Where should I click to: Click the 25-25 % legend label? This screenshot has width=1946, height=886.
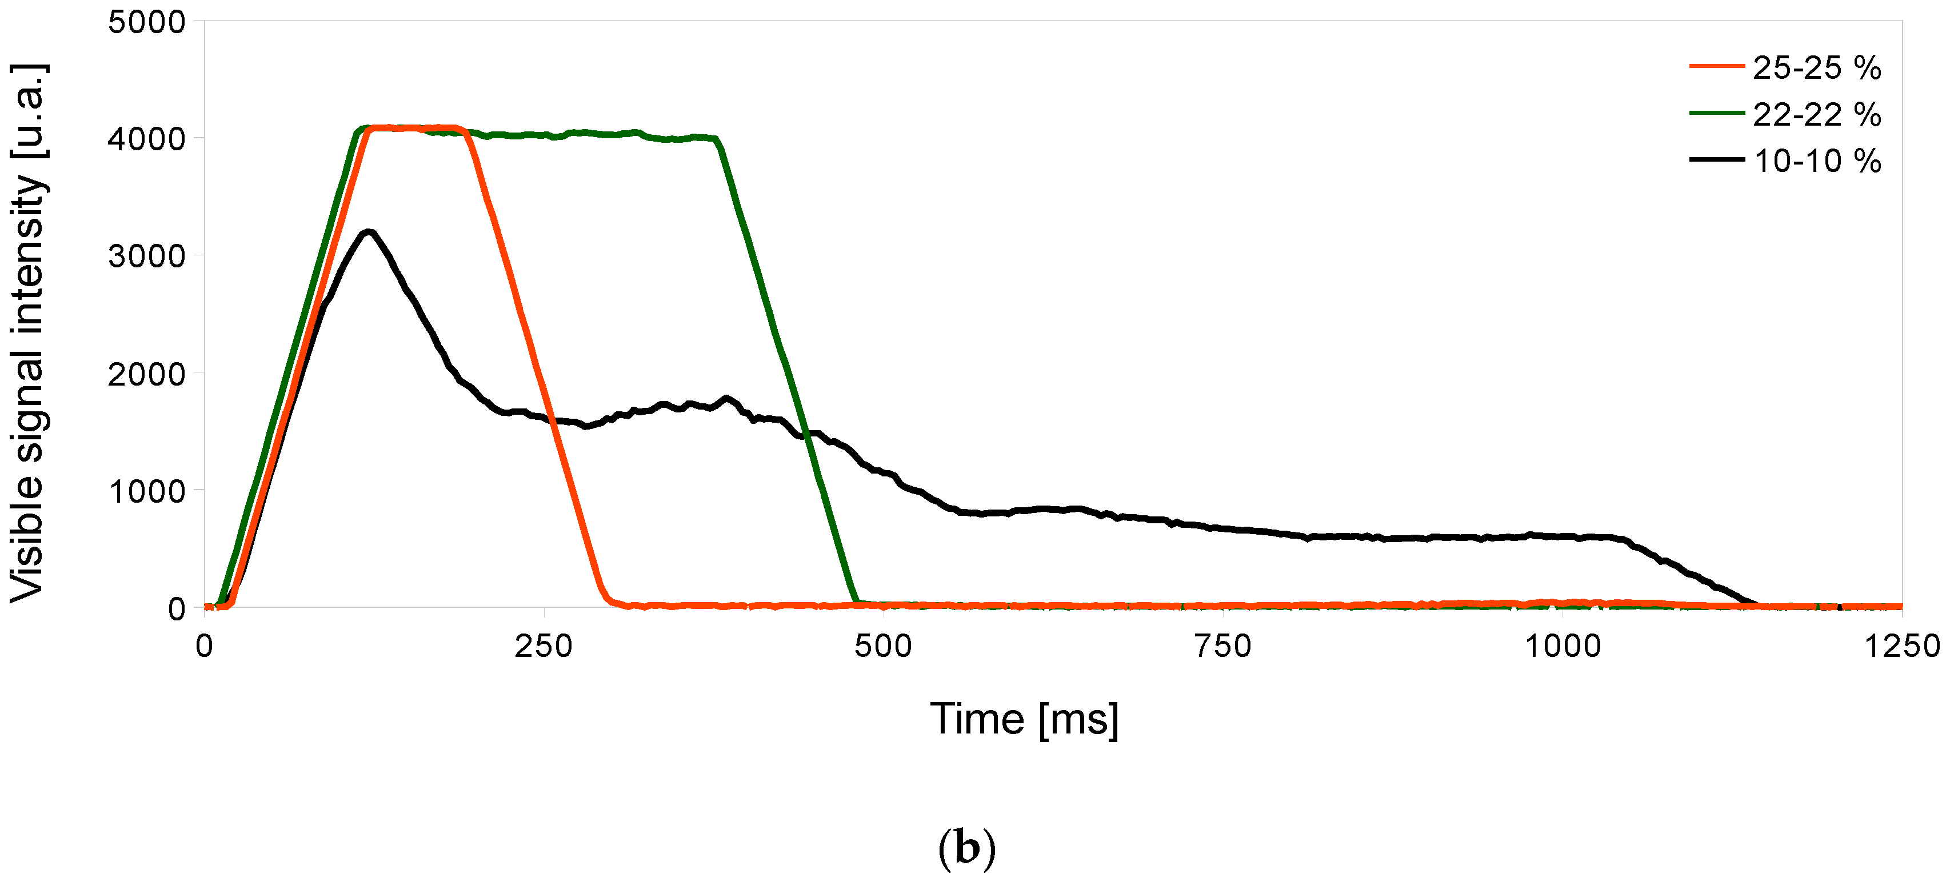(1816, 68)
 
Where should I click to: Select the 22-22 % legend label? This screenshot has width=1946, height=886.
(1816, 115)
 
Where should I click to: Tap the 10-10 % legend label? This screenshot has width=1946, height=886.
(1816, 161)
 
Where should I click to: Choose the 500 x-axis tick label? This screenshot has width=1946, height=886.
(883, 647)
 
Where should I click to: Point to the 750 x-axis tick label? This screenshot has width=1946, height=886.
(1222, 647)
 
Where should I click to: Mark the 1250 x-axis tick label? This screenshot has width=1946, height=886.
(1902, 647)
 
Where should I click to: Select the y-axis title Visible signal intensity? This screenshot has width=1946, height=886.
(28, 332)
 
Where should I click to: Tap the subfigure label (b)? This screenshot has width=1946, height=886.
(966, 848)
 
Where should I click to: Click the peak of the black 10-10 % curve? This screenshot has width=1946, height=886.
(369, 232)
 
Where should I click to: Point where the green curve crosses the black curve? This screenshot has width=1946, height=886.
(806, 434)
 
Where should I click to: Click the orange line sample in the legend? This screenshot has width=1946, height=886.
(1716, 66)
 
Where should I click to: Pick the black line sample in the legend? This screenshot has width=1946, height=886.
(1716, 159)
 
